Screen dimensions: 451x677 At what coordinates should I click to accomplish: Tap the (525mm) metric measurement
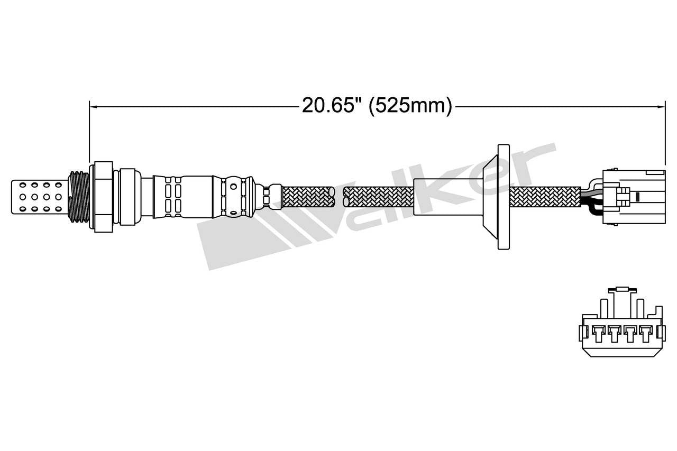[410, 106]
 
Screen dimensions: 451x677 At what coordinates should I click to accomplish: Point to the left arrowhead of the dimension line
[93, 106]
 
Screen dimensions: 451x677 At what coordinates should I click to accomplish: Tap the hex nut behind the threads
[103, 197]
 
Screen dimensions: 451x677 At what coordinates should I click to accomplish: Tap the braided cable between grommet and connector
[545, 197]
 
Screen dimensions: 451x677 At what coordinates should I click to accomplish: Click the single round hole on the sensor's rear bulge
[233, 187]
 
